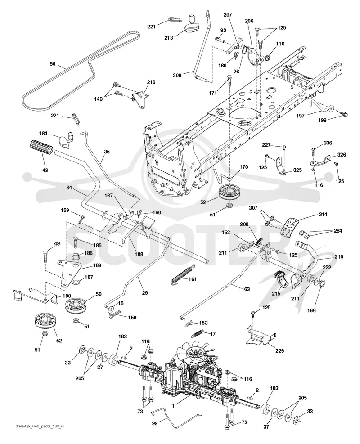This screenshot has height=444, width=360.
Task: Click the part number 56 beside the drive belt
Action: point(53,64)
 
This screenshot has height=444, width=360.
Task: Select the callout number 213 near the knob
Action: point(169,38)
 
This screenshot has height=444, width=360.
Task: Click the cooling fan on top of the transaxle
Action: point(196,352)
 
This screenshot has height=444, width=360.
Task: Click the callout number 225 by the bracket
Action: point(279,351)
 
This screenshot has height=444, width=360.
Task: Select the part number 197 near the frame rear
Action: point(301,116)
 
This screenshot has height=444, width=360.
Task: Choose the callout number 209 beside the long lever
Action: point(177,75)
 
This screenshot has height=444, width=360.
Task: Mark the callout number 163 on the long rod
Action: point(246,289)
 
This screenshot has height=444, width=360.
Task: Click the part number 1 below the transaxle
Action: point(174,405)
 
